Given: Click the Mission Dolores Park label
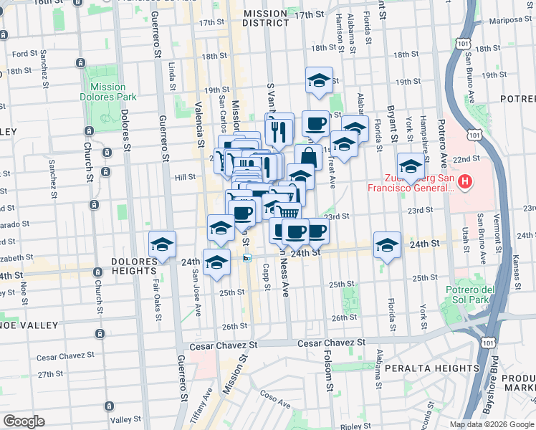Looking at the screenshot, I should pyautogui.click(x=107, y=92).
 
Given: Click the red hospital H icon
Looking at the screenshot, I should pyautogui.click(x=465, y=182).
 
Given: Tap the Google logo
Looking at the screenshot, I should pyautogui.click(x=24, y=421).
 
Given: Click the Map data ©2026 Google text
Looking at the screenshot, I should pyautogui.click(x=492, y=424).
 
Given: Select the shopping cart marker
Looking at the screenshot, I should pyautogui.click(x=287, y=212).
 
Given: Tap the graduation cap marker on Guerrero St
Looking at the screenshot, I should pyautogui.click(x=163, y=244).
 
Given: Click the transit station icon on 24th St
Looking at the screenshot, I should pyautogui.click(x=247, y=258).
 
